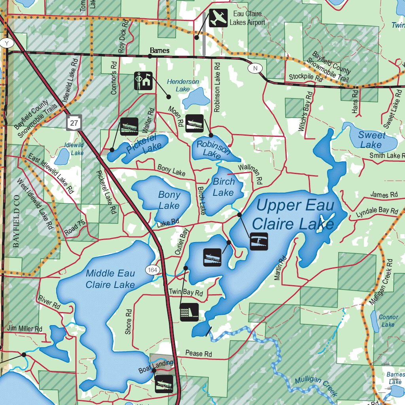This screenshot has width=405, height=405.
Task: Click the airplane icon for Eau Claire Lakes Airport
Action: (x=218, y=18)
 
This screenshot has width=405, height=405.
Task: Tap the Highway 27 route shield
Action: (x=74, y=123)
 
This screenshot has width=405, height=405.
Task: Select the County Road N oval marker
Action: (x=255, y=68)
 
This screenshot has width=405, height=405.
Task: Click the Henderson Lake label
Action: (x=183, y=85)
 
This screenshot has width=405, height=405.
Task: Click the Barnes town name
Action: (x=160, y=51)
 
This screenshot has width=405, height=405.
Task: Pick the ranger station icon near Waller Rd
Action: (x=143, y=81)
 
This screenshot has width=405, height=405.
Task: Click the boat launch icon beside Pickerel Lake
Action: (x=129, y=127)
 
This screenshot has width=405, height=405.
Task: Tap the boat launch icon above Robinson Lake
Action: (x=194, y=123)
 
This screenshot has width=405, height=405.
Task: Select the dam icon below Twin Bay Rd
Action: (x=189, y=312)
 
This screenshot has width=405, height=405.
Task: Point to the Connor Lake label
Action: (x=388, y=321)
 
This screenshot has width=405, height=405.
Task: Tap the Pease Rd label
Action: (x=199, y=354)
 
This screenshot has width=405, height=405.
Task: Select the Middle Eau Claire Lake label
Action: (x=110, y=279)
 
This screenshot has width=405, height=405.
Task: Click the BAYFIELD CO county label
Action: (x=16, y=221)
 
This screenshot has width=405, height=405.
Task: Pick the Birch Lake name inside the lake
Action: (x=223, y=187)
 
